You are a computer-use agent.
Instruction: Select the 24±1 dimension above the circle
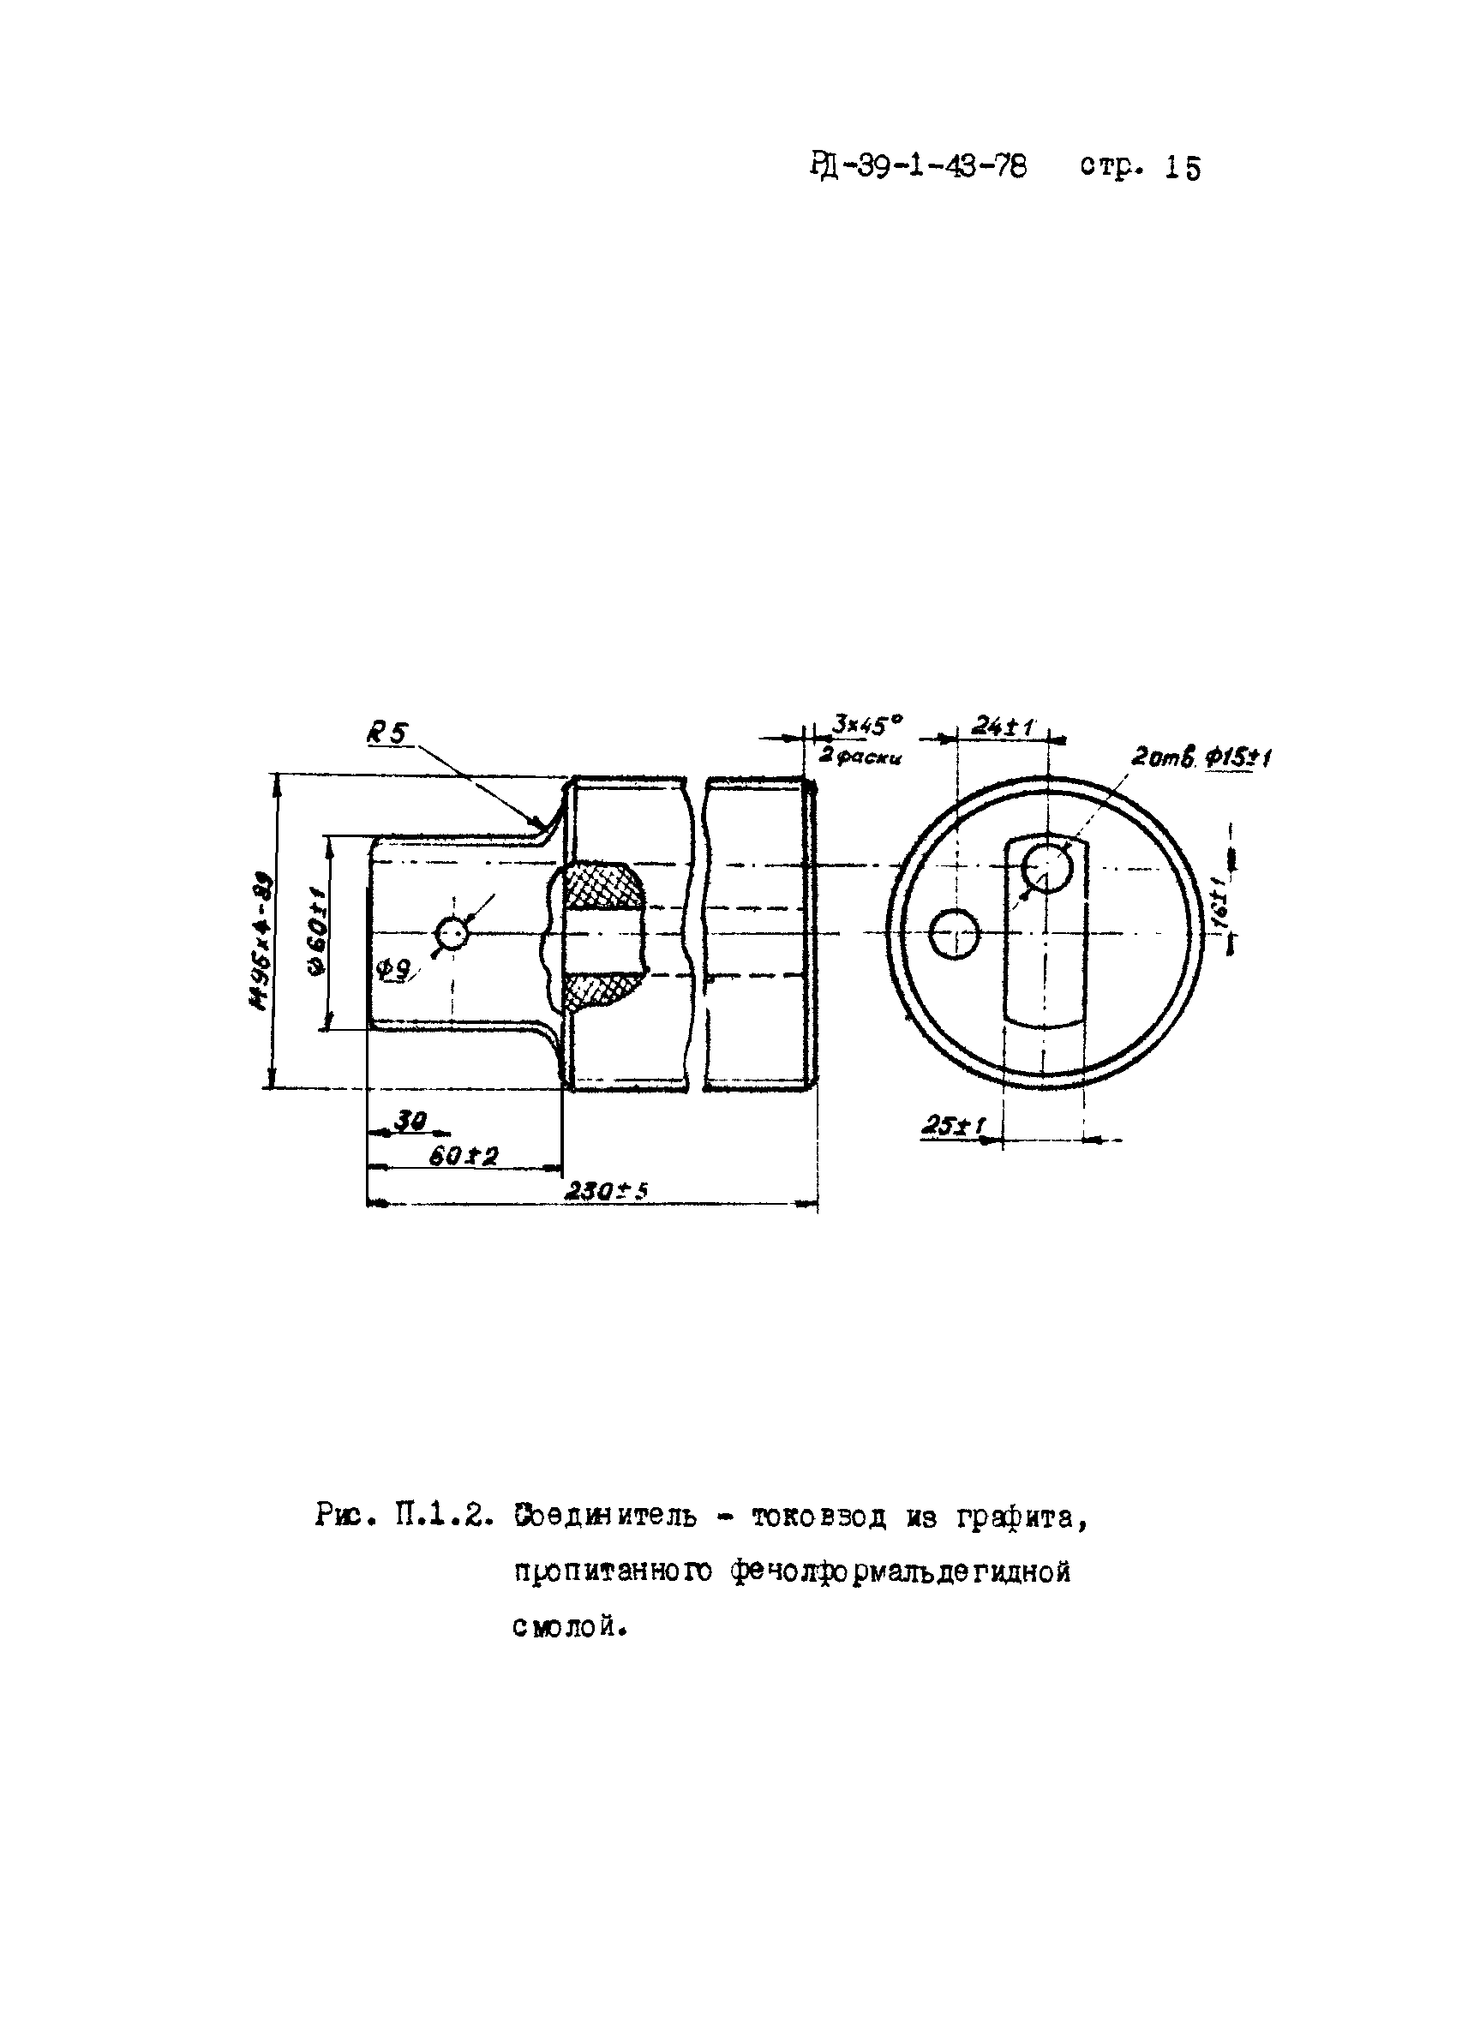(1002, 726)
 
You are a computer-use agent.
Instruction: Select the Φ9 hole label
(393, 972)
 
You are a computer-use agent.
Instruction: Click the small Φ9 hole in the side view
(452, 934)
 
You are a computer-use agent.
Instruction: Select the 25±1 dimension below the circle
(951, 1127)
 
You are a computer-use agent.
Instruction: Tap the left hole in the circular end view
(954, 935)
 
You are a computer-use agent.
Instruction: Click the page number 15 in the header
(1183, 169)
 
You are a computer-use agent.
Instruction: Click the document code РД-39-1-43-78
(919, 167)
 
